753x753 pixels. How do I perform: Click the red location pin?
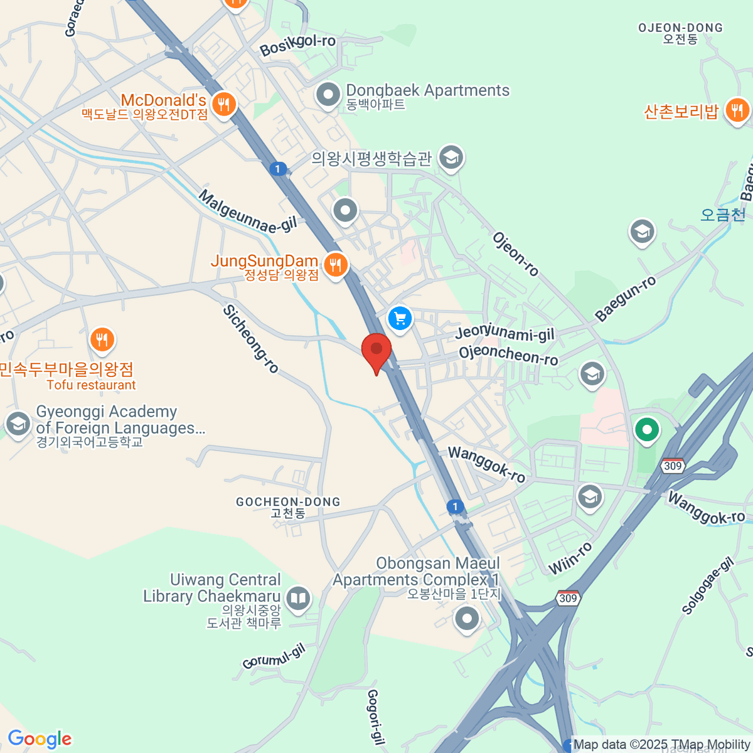point(376,350)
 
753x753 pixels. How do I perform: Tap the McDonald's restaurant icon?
point(223,104)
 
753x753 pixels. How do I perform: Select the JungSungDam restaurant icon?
point(336,264)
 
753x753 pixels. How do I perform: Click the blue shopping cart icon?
point(400,318)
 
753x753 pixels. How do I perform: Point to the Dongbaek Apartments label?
point(427,91)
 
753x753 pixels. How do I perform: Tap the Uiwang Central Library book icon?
point(298,599)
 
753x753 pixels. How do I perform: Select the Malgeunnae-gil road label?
point(247,211)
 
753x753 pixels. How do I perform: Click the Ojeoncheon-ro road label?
point(508,355)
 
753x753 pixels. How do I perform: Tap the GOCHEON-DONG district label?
point(288,502)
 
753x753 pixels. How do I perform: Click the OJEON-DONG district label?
point(680,28)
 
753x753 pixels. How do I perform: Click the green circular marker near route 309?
point(646,430)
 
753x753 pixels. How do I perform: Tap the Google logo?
point(40,739)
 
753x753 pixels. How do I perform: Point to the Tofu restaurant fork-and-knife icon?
point(102,340)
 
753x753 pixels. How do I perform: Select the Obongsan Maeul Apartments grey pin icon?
point(467,619)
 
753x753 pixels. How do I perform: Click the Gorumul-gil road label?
point(274,656)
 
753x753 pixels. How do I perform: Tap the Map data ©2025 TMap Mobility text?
point(661,745)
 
